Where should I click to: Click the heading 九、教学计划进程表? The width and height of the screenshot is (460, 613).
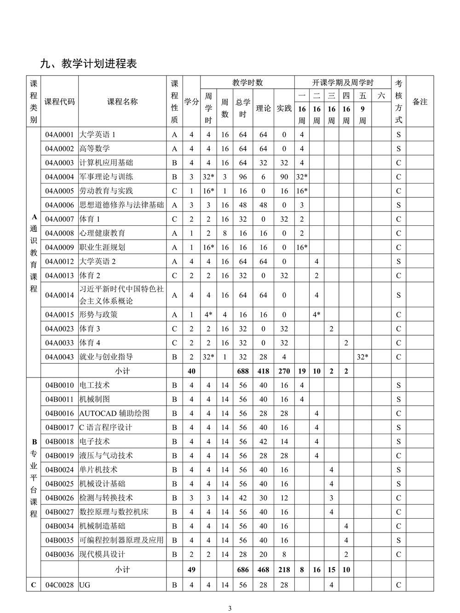[89, 64]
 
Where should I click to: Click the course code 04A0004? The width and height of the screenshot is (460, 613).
[59, 177]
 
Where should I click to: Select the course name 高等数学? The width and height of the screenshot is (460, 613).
[95, 149]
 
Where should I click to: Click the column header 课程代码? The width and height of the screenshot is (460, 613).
[59, 102]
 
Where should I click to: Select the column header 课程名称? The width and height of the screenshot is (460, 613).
[122, 102]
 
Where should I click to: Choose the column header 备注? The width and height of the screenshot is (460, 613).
[420, 102]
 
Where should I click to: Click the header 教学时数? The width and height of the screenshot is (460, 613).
[247, 83]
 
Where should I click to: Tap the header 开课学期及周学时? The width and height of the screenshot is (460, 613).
[343, 83]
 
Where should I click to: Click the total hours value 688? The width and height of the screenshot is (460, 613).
[243, 371]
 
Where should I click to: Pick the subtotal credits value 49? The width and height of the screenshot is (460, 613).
[191, 570]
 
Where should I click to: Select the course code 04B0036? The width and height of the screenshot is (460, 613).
[59, 555]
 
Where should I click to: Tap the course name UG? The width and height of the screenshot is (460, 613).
[85, 585]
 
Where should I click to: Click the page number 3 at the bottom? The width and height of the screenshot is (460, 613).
[230, 608]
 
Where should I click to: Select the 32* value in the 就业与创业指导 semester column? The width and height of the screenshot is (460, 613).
[362, 357]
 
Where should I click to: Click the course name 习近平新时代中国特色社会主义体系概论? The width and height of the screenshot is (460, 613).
[122, 295]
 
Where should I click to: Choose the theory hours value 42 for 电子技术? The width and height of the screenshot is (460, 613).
[263, 441]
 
